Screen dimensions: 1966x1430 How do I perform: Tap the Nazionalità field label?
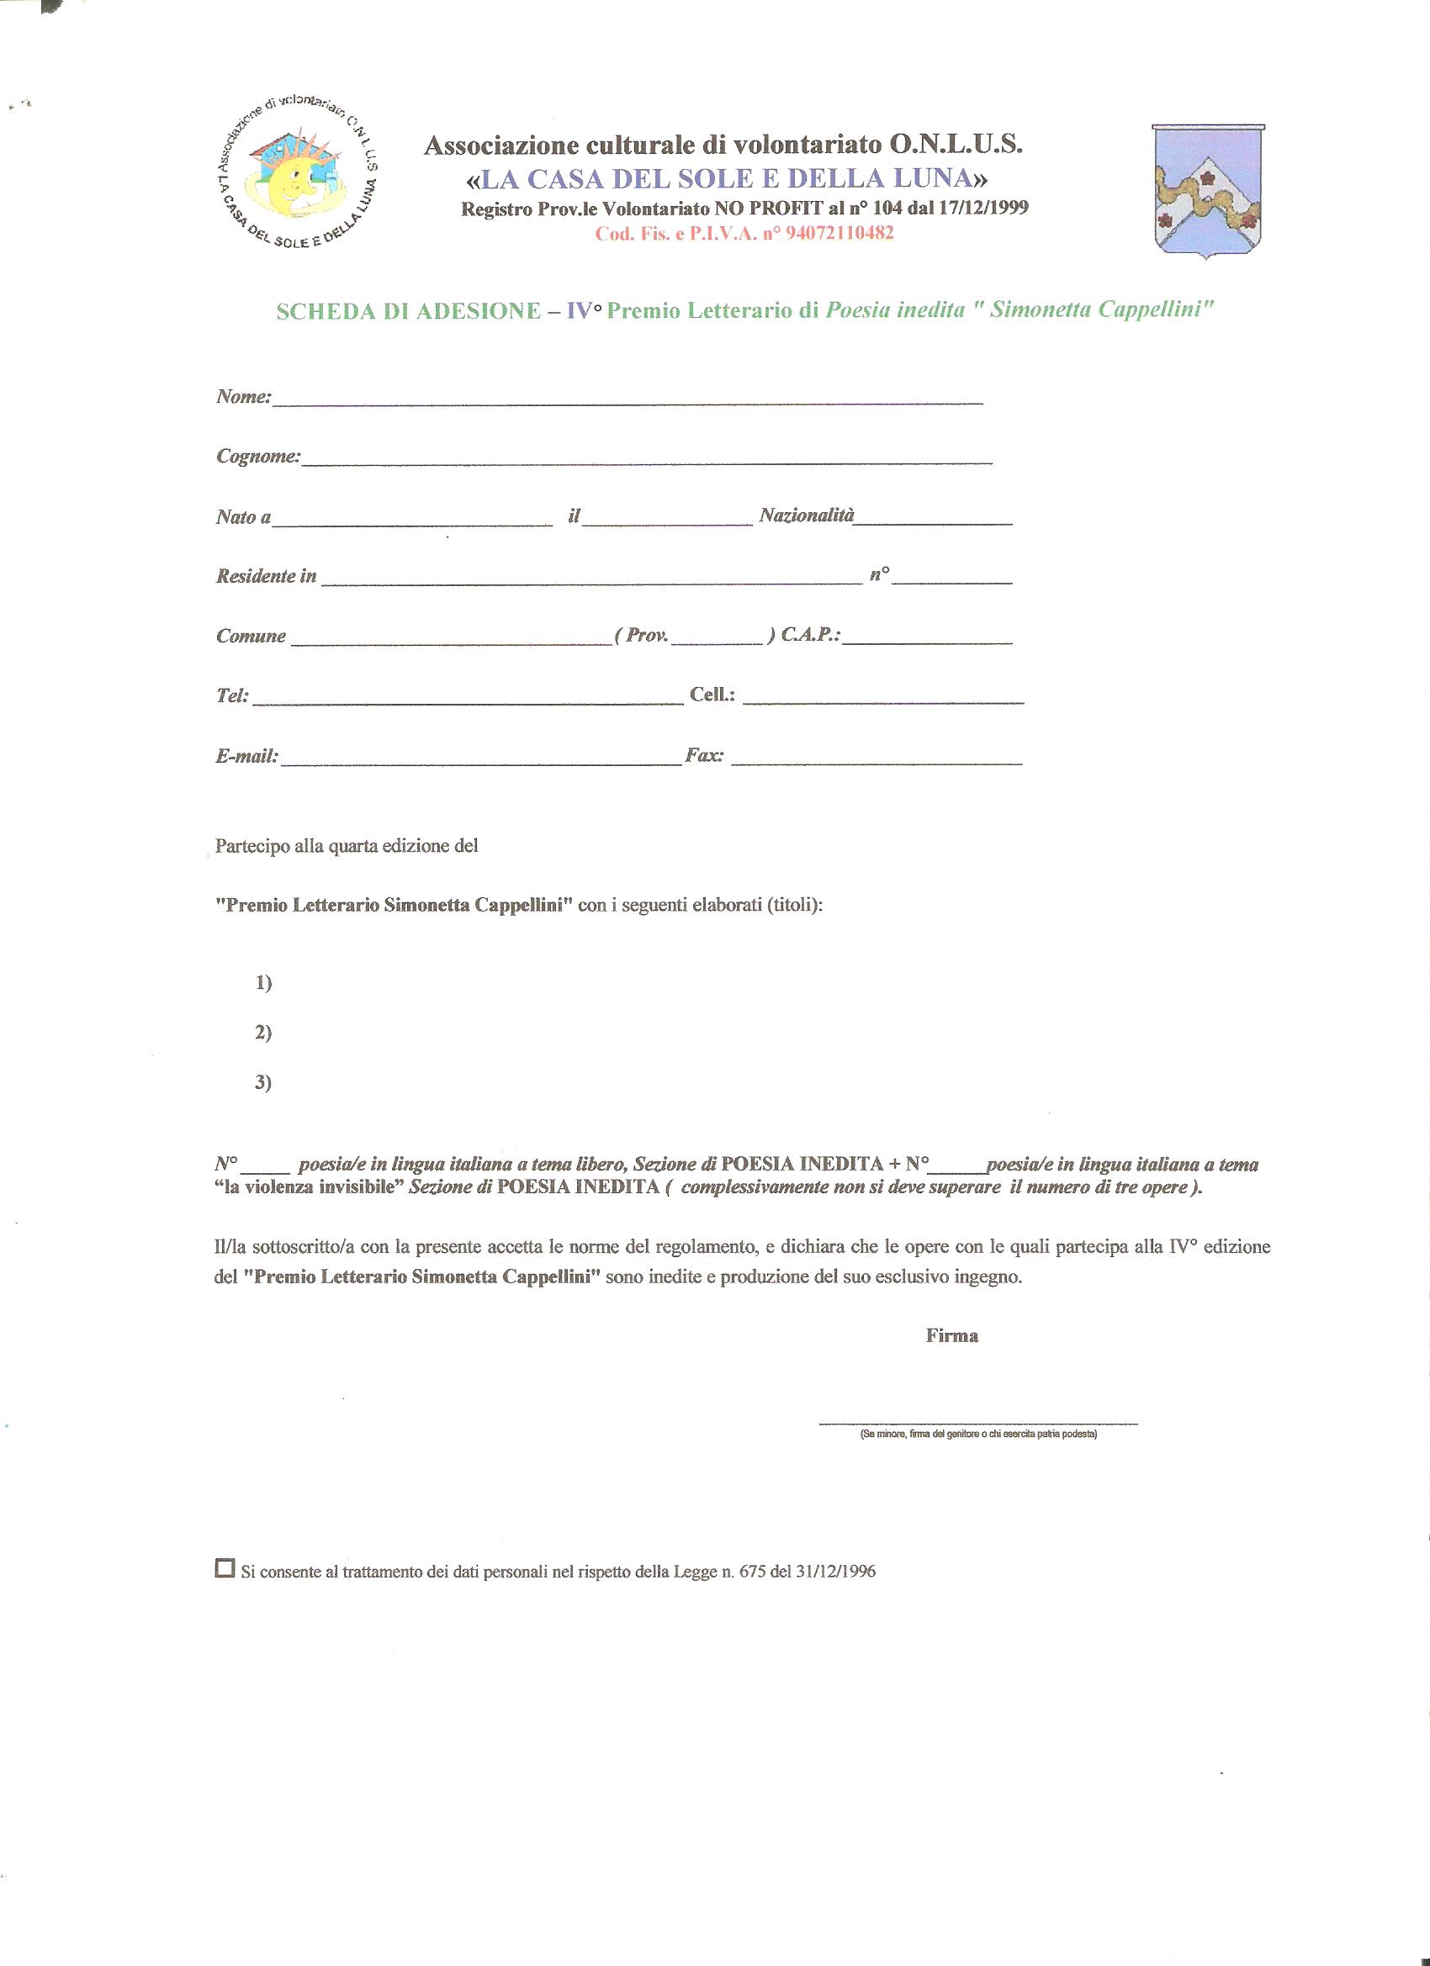tap(808, 516)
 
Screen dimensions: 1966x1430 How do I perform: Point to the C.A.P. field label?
tap(811, 636)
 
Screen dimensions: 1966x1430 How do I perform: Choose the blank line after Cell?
tap(884, 698)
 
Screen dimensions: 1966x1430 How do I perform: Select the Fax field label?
tap(704, 756)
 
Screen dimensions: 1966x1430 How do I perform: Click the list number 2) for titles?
tap(263, 1033)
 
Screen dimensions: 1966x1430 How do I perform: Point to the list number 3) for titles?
tap(263, 1083)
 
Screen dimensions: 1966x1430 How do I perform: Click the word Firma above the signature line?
tap(952, 1336)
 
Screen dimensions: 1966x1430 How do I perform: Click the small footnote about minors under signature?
tap(979, 1435)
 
